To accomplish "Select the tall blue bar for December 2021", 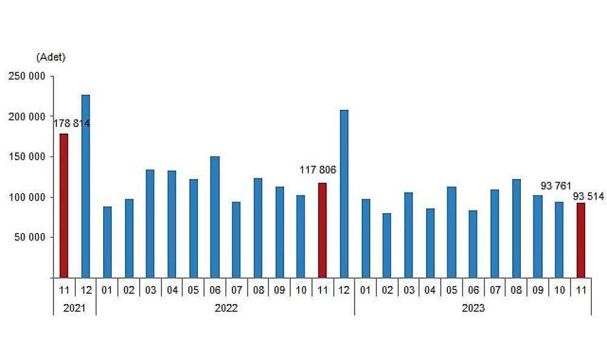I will point(86,186).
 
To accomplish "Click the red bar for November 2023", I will point(581,240).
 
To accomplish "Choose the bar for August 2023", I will point(517,228).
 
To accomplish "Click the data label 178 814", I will point(72,123).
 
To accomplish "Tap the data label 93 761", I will point(556,186).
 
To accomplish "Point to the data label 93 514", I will point(588,195).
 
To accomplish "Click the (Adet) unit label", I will point(51,58).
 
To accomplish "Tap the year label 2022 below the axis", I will point(226,308).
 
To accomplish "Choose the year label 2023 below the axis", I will point(473,308).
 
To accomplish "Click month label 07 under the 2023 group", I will point(495,290).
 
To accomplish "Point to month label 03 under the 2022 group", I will point(150,290).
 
